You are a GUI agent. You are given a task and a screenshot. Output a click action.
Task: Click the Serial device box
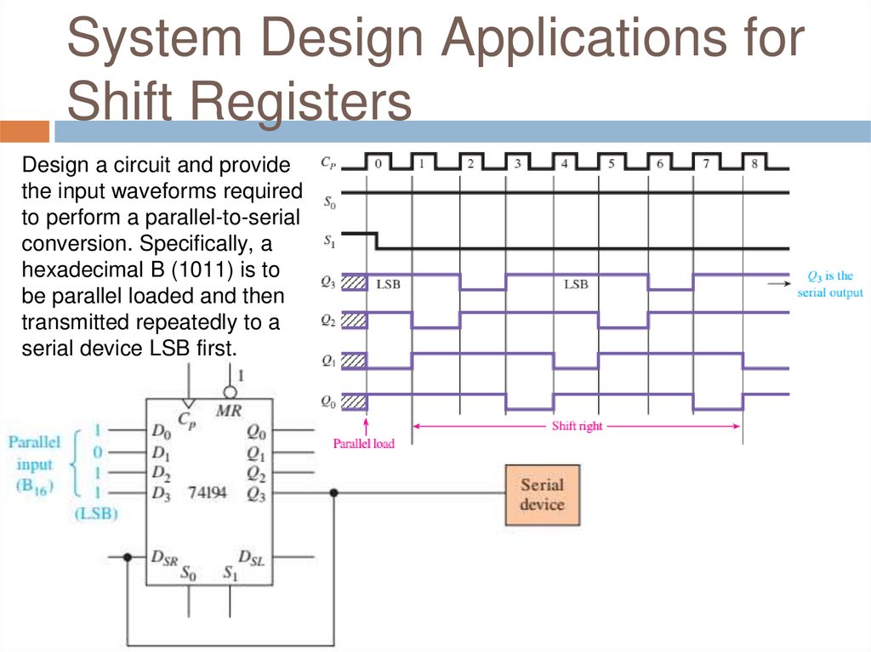pos(542,494)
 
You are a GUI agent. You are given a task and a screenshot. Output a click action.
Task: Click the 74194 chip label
pos(208,492)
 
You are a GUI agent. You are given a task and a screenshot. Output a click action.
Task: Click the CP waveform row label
pos(327,160)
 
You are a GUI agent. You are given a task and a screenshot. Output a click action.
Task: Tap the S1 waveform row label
pos(329,241)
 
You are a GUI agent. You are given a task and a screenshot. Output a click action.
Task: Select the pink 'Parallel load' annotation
pos(364,443)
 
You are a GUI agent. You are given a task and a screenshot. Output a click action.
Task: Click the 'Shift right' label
pos(577,426)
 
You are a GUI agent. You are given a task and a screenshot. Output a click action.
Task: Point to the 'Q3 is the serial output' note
pos(829,284)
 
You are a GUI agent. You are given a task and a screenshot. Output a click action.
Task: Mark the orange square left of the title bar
pos(25,131)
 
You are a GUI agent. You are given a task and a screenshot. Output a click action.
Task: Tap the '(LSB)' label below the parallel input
pos(96,513)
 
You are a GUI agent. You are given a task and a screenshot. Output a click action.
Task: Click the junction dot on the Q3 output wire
pos(335,492)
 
